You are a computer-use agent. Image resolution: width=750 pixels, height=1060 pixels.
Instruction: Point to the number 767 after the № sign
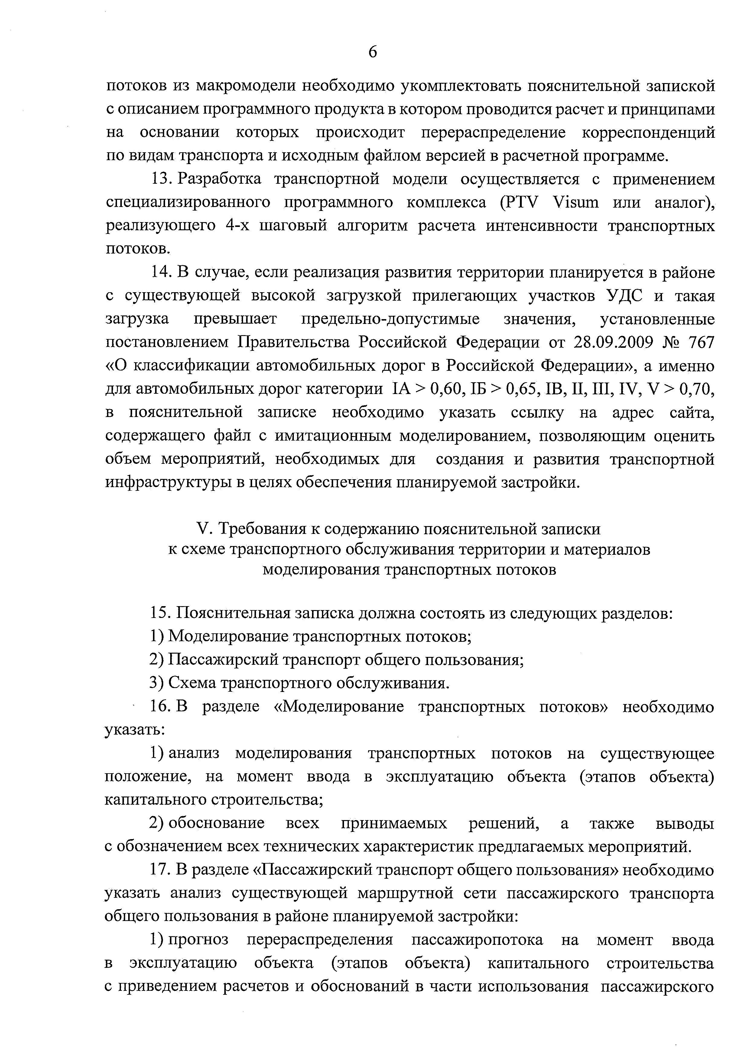click(x=701, y=343)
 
